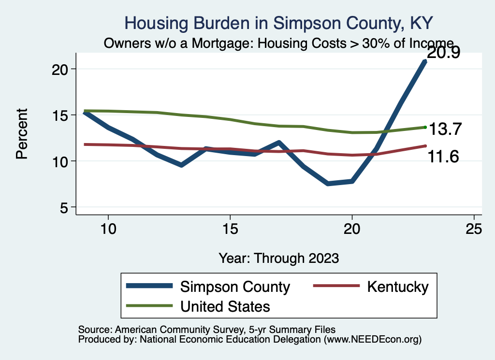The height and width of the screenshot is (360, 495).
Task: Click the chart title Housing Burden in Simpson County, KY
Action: tap(278, 23)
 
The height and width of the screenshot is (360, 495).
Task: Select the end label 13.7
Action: tap(446, 129)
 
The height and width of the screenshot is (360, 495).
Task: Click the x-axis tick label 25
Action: tap(474, 229)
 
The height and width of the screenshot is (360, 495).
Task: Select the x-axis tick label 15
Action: tap(230, 229)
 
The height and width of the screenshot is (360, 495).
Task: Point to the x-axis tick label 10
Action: tap(108, 229)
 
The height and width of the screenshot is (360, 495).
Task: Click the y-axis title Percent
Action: tap(22, 134)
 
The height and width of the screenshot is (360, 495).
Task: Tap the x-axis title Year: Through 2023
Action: tap(278, 258)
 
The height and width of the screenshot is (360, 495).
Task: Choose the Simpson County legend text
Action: tap(235, 287)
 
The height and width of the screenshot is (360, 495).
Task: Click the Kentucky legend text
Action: tap(398, 287)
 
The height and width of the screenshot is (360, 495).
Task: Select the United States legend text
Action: tap(225, 306)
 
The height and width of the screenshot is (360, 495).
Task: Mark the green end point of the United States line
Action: tap(425, 127)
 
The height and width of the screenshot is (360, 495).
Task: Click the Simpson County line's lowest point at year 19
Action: tap(328, 184)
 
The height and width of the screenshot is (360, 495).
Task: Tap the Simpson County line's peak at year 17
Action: tap(279, 143)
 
